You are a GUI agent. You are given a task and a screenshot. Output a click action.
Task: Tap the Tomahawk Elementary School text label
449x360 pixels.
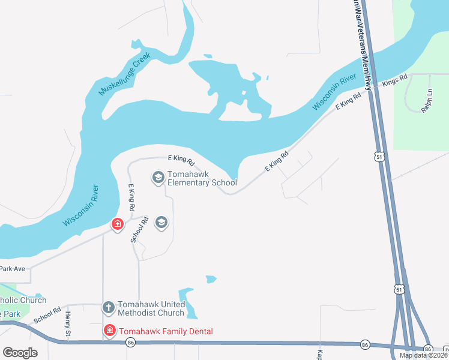pos(202,178)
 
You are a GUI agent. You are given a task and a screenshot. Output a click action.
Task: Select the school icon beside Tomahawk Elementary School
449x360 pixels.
pos(158,177)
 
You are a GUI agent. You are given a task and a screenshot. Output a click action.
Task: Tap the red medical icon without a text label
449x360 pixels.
pos(117,224)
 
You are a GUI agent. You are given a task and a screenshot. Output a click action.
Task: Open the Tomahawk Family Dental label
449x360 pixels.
pos(166,331)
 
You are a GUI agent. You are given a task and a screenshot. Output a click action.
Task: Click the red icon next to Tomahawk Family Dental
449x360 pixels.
pos(109,331)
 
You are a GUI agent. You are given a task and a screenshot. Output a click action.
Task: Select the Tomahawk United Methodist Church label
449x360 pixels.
pos(151,308)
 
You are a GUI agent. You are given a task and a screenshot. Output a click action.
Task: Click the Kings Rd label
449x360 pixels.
pos(395,80)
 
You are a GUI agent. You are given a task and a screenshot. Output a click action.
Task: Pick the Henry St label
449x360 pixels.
pos(68,323)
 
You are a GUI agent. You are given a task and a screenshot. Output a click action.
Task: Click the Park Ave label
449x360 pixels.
pos(13,269)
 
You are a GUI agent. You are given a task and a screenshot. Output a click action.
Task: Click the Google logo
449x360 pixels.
pos(20,353)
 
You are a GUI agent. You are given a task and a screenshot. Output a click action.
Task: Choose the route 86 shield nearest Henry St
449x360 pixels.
pos(130,343)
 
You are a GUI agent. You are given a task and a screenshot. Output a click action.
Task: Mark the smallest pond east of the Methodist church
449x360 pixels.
pos(210,279)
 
